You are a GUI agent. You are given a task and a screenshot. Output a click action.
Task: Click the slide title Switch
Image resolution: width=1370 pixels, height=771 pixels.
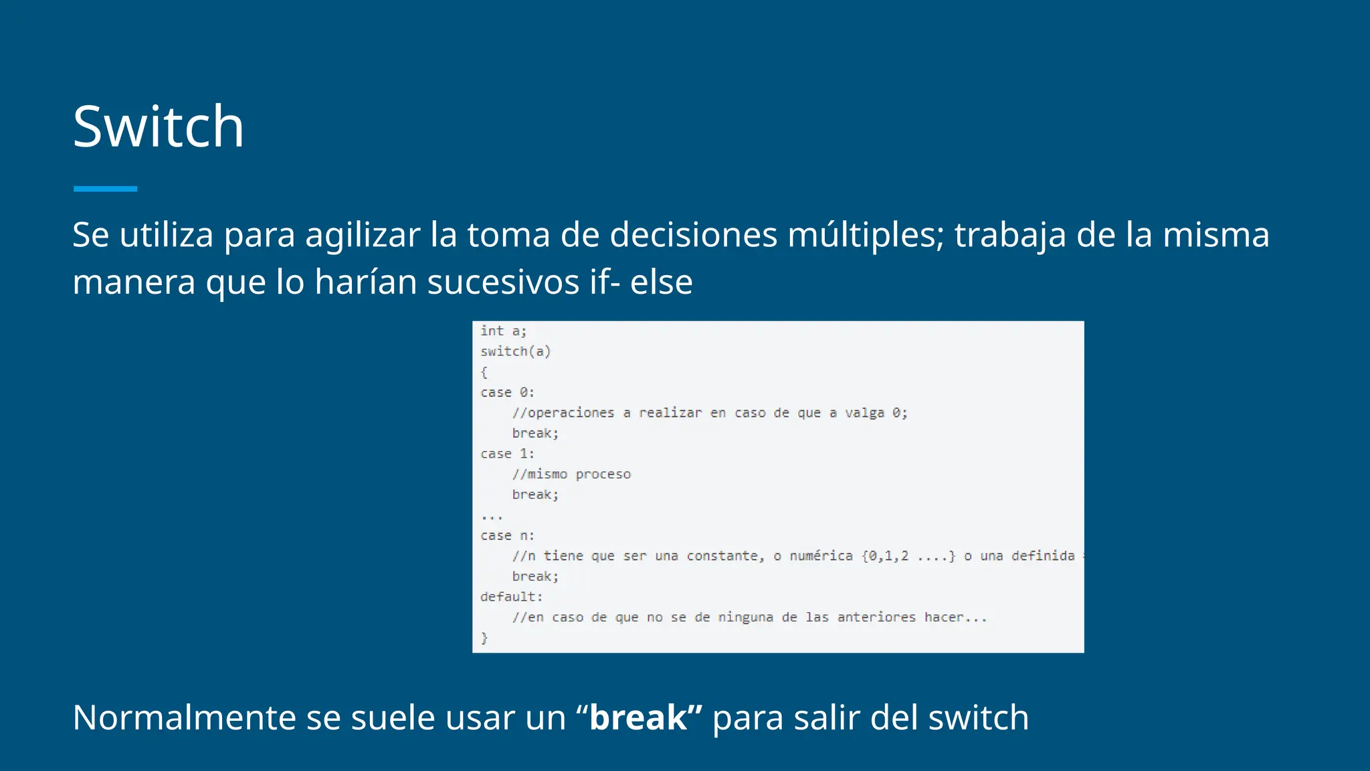[159, 126]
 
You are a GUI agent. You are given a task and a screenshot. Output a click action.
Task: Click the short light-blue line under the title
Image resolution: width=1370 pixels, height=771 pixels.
[105, 189]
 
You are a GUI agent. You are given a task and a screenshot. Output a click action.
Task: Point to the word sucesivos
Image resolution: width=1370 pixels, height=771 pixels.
[503, 282]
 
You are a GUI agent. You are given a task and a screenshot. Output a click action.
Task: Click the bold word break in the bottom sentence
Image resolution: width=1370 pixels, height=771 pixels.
[638, 718]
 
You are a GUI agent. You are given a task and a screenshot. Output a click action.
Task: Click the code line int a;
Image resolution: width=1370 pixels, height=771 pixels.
[503, 331]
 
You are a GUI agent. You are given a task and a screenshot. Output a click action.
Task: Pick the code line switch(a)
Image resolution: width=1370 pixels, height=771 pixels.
[515, 351]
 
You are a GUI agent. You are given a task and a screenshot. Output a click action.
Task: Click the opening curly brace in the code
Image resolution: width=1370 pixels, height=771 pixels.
[484, 372]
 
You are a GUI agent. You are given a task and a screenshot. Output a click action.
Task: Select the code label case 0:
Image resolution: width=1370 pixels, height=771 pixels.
[507, 392]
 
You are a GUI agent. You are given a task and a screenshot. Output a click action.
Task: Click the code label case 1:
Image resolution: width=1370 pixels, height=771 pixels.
[507, 454]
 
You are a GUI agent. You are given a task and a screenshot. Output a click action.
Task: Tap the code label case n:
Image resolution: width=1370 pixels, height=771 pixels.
[507, 535]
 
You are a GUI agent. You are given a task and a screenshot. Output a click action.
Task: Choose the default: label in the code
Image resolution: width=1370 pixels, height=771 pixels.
[511, 597]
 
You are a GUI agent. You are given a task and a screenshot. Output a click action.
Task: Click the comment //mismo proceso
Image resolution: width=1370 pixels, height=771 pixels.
[571, 475]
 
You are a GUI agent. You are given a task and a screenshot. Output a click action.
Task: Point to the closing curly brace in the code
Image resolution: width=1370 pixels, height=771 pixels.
[484, 638]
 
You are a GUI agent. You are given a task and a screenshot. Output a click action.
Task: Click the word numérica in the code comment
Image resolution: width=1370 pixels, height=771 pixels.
[821, 556]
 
